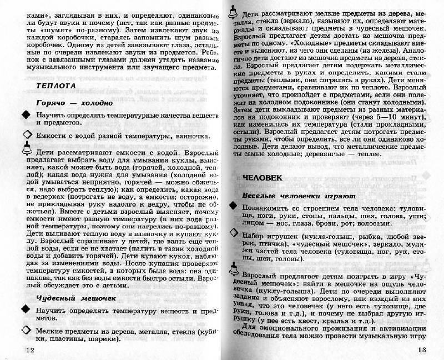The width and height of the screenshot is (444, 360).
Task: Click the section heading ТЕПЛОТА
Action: click(57, 87)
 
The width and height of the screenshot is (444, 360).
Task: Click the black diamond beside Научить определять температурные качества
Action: click(27, 115)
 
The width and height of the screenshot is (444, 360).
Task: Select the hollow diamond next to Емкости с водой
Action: click(27, 135)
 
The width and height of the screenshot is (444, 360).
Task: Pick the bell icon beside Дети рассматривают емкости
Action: click(27, 149)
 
